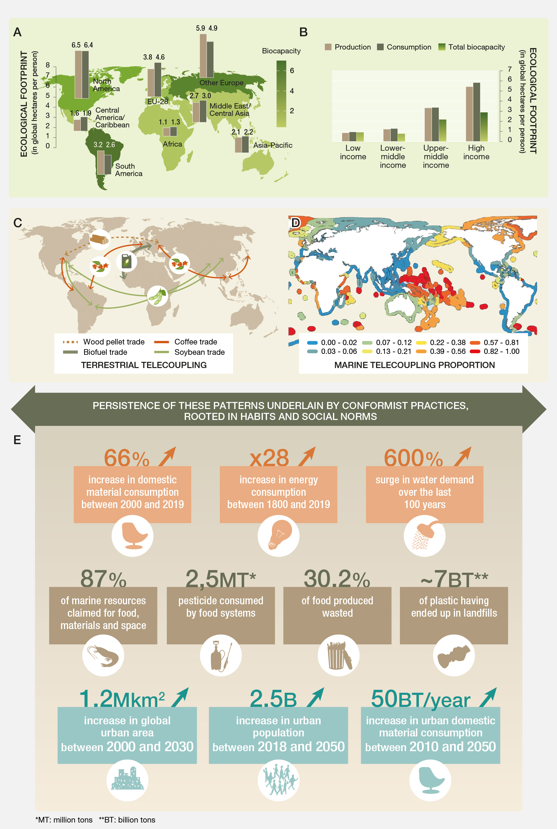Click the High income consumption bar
(476, 112)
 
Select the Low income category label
(353, 152)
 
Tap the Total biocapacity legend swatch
(442, 47)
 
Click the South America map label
(128, 170)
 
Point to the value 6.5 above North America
(76, 45)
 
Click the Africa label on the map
(172, 144)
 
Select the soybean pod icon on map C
(157, 296)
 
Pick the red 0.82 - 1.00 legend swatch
(475, 352)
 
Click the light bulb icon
(278, 536)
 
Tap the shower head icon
(424, 536)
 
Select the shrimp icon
(103, 655)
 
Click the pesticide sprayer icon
(221, 655)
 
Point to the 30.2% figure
(337, 578)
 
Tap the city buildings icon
(127, 780)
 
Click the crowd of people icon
(278, 780)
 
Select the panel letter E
(17, 440)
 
